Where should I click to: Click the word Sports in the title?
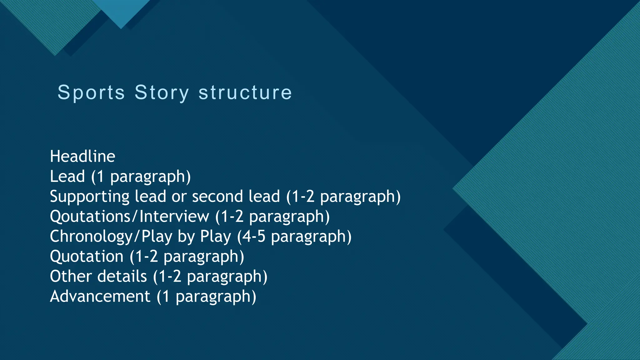[x=91, y=92]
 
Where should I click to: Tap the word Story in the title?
[x=162, y=92]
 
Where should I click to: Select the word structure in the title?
[x=245, y=92]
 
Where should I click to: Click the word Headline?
[x=82, y=156]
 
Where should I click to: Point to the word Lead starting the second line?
[x=67, y=176]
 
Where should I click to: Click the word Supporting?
[x=89, y=197]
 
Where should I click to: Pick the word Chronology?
[x=92, y=237]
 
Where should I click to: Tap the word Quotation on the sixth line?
[x=87, y=256]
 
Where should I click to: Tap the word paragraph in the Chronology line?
[x=308, y=237]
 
